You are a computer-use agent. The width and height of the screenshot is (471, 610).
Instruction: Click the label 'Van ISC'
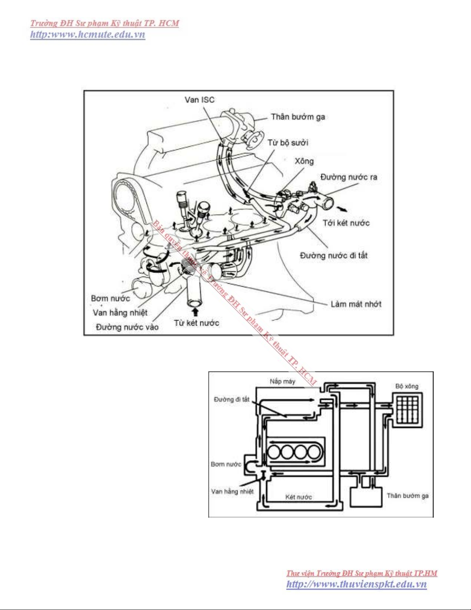click(199, 100)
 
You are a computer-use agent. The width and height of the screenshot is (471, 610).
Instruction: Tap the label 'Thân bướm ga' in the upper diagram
click(298, 117)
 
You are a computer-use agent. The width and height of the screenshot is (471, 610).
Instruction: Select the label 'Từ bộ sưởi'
click(288, 142)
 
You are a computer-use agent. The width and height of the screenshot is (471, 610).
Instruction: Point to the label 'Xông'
click(304, 161)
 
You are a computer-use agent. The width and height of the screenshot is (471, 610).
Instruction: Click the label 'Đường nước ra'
click(349, 177)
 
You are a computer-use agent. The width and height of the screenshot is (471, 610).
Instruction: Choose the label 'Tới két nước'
click(346, 223)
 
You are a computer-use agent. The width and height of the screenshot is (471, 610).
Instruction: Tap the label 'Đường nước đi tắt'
click(333, 256)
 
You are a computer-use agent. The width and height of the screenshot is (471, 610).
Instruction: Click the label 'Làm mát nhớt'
click(356, 304)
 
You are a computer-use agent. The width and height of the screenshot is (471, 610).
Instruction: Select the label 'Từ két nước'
click(196, 323)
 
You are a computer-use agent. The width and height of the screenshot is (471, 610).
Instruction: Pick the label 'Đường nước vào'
click(127, 327)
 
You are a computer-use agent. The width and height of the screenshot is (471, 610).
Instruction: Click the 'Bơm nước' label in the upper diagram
click(110, 298)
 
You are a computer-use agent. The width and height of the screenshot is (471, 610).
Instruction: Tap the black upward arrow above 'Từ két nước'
click(195, 311)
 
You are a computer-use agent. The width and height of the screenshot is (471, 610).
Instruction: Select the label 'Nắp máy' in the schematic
click(282, 381)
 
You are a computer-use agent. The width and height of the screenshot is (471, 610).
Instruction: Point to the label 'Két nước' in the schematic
click(298, 497)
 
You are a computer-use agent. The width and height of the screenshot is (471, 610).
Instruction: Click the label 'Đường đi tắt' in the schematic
click(231, 399)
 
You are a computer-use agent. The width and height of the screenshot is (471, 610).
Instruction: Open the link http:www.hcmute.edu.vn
click(88, 34)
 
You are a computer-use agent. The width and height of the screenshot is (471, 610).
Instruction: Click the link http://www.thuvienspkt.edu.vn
click(356, 584)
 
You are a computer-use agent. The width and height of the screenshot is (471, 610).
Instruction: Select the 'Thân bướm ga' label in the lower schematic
click(408, 496)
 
